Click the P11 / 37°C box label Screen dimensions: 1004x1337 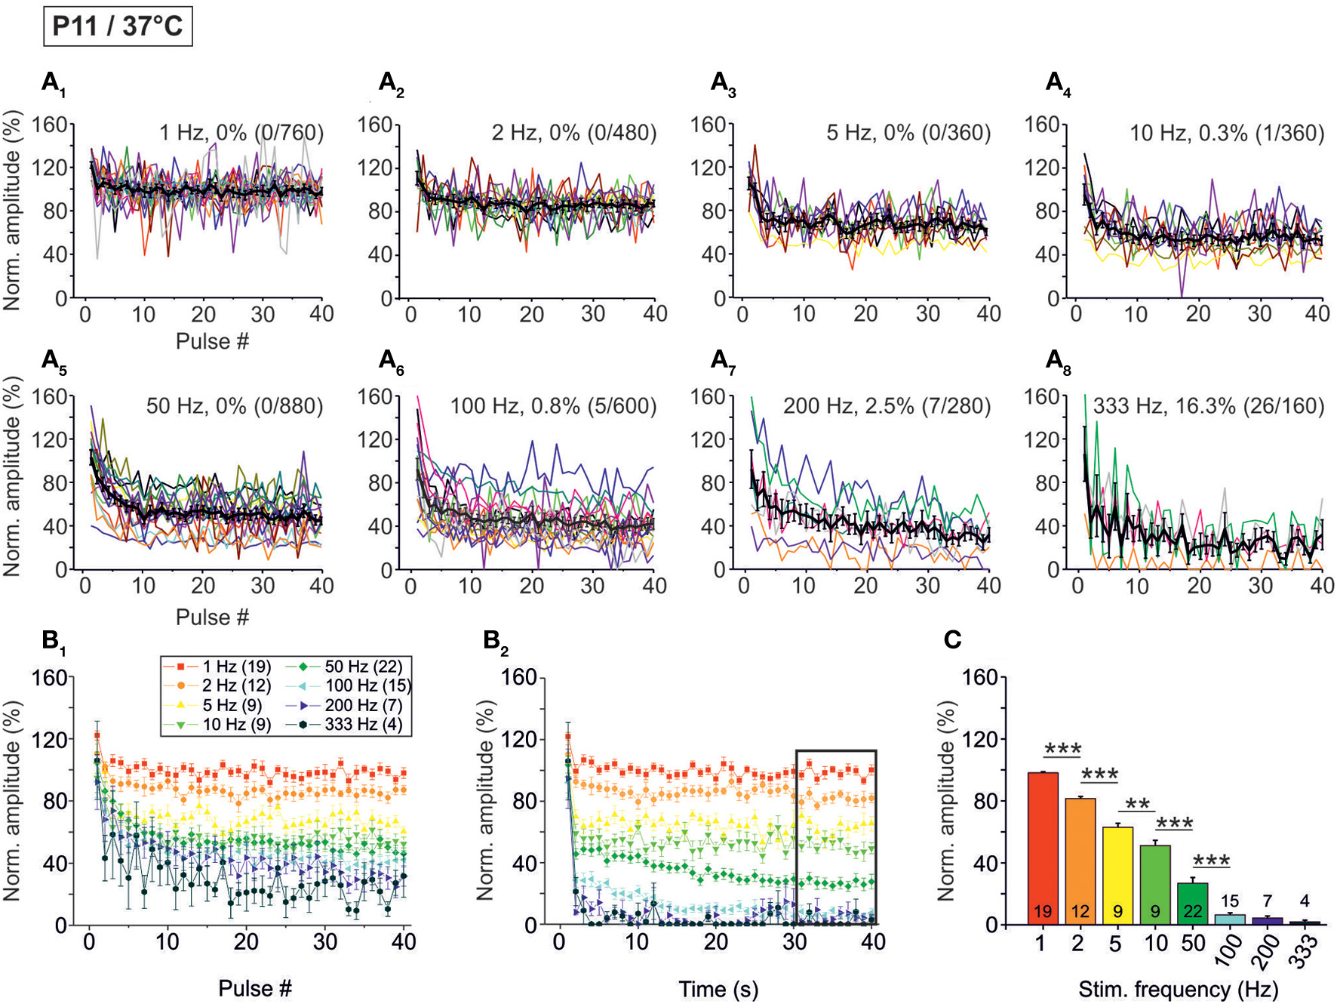click(x=118, y=26)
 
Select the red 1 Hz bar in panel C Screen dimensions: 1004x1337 click(x=1043, y=845)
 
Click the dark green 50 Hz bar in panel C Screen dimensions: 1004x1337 click(x=1192, y=902)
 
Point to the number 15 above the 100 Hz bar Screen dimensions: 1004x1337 click(x=1229, y=901)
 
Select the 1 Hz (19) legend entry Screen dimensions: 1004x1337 click(x=218, y=667)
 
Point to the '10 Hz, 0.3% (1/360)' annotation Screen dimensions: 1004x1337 click(x=1226, y=134)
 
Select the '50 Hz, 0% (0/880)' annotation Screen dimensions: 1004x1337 click(x=234, y=406)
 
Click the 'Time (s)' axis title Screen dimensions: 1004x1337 click(x=718, y=989)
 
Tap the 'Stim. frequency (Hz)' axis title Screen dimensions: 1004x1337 click(x=1178, y=989)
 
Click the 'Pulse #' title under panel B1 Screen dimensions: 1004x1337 click(x=254, y=988)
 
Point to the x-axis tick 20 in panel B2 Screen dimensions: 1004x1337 click(x=715, y=942)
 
